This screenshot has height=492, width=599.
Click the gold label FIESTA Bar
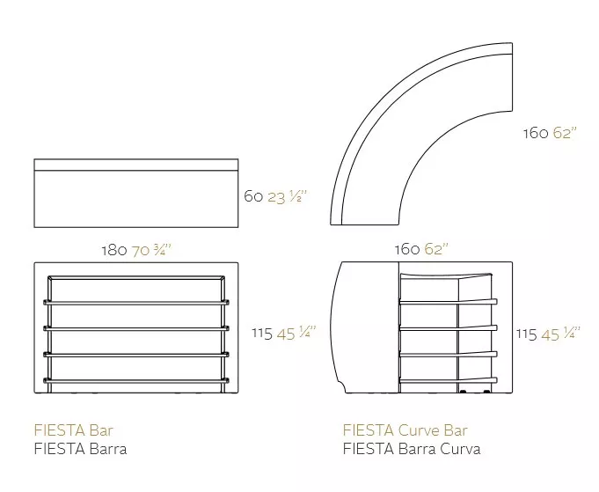(73, 430)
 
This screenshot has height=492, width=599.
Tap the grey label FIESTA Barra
(80, 448)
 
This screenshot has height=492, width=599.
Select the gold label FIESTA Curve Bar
(405, 430)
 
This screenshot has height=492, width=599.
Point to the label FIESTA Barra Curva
(412, 448)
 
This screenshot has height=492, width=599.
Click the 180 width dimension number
(114, 251)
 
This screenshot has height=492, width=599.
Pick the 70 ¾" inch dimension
(151, 250)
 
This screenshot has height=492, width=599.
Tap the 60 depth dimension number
(253, 196)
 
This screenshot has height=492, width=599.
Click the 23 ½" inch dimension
(288, 196)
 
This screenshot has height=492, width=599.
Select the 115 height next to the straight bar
(262, 334)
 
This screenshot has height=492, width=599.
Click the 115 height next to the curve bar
(527, 334)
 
